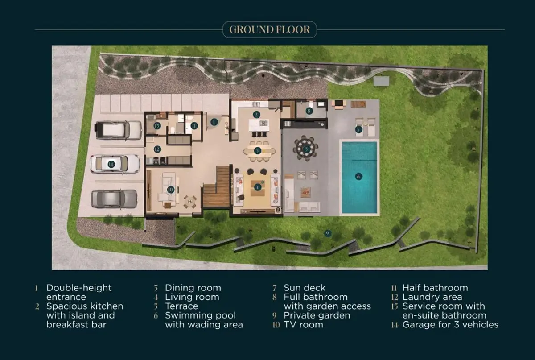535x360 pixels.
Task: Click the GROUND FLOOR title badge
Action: pos(270,29)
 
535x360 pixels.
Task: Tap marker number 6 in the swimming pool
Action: pos(358,176)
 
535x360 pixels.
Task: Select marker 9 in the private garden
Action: pos(327,233)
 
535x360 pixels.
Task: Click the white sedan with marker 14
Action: pos(115,164)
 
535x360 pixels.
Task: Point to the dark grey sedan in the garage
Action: pos(114,199)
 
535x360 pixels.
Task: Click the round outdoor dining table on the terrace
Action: pos(306,149)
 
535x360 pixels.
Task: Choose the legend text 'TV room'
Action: pos(303,325)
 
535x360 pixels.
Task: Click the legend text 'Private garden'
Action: pos(317,315)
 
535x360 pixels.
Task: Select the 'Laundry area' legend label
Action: pos(432,297)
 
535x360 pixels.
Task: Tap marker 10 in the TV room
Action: pos(170,190)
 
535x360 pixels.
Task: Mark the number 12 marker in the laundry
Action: pos(157,149)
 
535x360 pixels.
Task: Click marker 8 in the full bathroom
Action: pos(309,111)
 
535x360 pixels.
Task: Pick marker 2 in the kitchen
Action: pos(256,115)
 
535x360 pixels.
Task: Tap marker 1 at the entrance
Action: pos(214,122)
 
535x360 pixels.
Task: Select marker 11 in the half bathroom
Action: pos(194,126)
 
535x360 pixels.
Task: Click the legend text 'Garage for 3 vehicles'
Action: pos(450,325)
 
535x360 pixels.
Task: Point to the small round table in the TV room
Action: pos(190,202)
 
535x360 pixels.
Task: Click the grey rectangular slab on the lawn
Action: pos(381,81)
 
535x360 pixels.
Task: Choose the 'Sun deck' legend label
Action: pos(305,288)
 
